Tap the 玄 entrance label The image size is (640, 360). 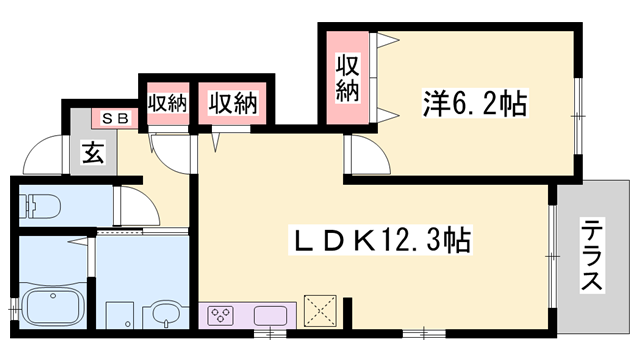pos(92,156)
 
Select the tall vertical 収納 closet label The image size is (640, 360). pos(347,78)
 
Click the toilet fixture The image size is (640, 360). pos(40,205)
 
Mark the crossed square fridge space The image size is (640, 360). pos(320,311)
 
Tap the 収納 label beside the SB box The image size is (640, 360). pos(167,102)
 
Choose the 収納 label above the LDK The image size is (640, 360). pos(233,102)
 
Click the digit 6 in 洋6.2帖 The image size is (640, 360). pos(453,101)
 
